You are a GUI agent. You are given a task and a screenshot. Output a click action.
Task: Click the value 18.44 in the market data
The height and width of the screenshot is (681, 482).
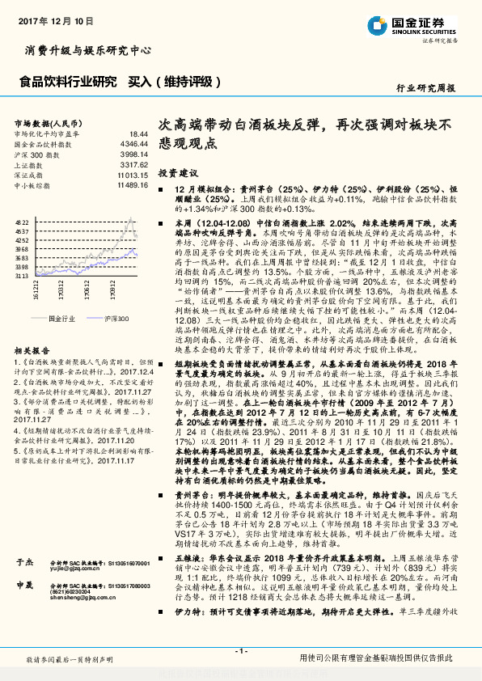pyautogui.click(x=139, y=133)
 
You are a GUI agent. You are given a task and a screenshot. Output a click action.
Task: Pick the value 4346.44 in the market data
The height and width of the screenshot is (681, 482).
pyautogui.click(x=135, y=143)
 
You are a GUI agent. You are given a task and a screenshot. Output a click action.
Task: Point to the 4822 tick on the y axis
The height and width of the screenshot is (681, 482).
pyautogui.click(x=21, y=221)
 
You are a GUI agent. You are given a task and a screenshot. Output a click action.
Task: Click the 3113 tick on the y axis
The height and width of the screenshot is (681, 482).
pyautogui.click(x=21, y=275)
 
